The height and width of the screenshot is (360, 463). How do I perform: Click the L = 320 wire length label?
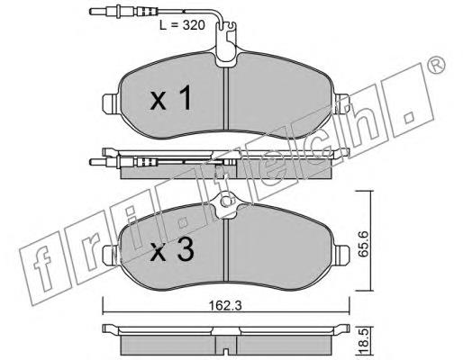point(182,25)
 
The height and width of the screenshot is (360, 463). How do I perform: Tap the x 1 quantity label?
point(170,97)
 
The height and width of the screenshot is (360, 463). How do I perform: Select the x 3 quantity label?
point(172,250)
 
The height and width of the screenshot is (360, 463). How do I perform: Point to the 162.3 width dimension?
point(225,306)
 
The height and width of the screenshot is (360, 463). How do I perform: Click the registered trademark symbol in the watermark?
point(435,65)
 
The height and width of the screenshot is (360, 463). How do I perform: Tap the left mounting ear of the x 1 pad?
point(111,104)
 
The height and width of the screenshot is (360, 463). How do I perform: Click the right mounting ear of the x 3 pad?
point(341,255)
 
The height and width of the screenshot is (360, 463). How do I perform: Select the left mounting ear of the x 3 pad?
point(111,255)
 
